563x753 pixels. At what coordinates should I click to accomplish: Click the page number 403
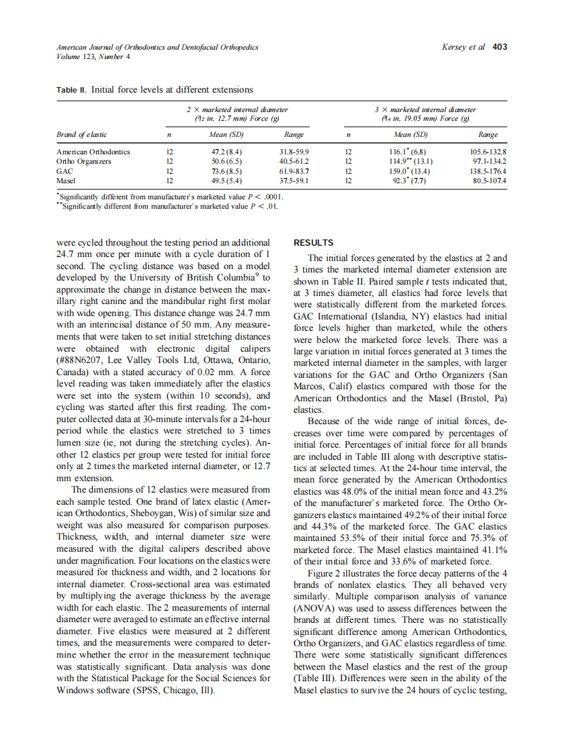pos(499,47)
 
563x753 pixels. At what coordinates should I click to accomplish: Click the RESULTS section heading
pos(314,242)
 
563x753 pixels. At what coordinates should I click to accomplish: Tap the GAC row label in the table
pos(64,171)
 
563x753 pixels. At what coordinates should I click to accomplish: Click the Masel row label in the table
pos(67,181)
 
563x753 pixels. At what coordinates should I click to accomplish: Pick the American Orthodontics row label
pos(93,152)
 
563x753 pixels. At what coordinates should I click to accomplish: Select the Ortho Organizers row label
pos(84,162)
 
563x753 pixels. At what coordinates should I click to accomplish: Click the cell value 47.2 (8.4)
pos(222,152)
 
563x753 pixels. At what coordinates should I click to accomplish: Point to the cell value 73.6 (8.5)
pos(222,171)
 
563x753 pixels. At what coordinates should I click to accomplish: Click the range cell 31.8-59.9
pos(293,152)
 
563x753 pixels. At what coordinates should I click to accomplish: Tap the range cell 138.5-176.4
pos(487,171)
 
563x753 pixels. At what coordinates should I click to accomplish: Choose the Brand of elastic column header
pos(82,135)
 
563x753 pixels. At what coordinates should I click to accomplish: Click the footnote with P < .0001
pos(172,197)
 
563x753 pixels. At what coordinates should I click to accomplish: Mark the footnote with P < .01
pos(169,207)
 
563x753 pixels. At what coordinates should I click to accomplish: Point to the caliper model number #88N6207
pos(85,360)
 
